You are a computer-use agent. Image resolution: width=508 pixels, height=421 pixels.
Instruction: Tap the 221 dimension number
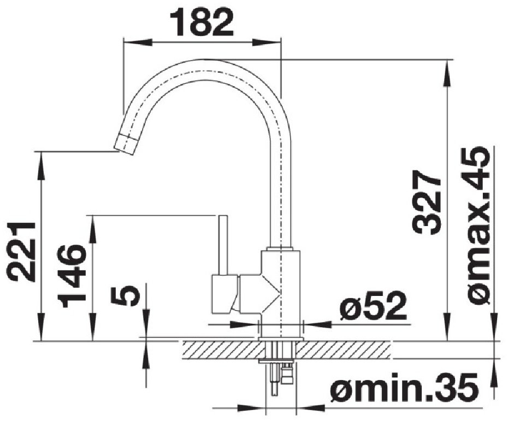point(22,251)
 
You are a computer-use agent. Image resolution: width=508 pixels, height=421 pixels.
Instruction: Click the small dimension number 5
point(125,295)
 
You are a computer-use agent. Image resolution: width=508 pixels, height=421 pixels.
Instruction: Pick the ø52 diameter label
point(373,305)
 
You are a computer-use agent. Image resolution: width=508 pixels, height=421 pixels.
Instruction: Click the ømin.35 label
point(403,387)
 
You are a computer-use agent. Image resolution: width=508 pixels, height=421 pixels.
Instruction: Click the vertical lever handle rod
point(223,245)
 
